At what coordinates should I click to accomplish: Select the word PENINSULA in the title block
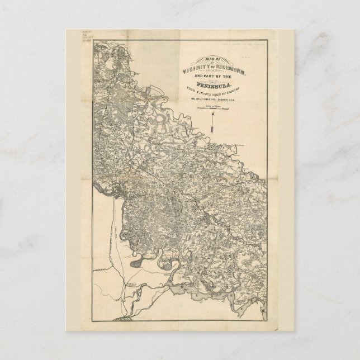coord(214,85)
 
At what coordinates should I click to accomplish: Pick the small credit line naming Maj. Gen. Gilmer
coord(213,99)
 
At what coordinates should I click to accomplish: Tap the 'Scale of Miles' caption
coord(213,106)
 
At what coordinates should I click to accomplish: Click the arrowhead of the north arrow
coord(213,113)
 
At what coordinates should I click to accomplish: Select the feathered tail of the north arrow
coord(212,129)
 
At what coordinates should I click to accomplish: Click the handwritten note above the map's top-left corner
coord(87,36)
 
